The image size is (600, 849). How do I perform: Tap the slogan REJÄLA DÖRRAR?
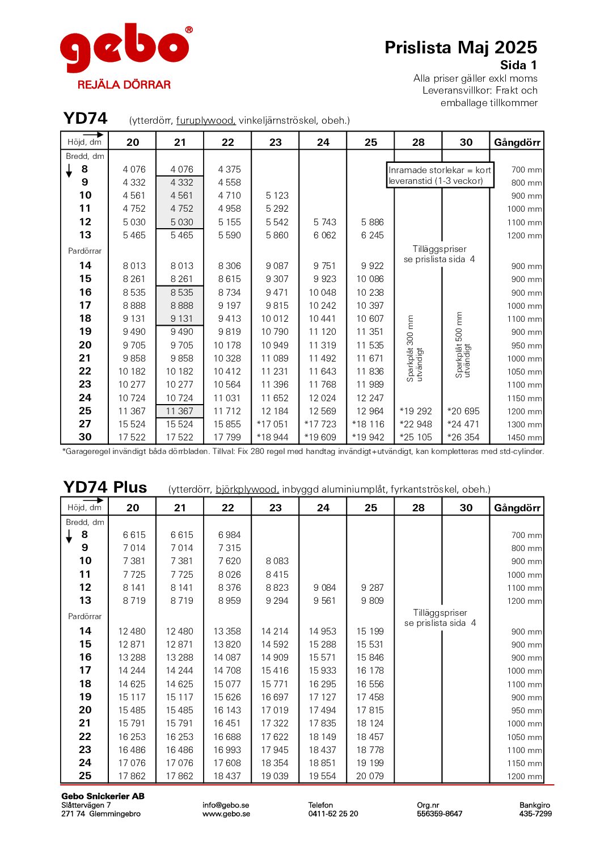click(x=124, y=85)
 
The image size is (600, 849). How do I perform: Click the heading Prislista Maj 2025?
click(x=460, y=47)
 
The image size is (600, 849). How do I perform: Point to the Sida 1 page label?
click(x=518, y=65)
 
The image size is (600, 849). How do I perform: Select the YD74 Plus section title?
click(x=105, y=487)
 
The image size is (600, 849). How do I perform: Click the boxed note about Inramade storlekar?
click(x=440, y=175)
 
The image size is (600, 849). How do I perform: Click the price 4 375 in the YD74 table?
click(x=229, y=169)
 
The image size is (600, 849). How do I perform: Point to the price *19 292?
click(x=416, y=411)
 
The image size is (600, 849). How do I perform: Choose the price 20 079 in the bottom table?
click(x=370, y=776)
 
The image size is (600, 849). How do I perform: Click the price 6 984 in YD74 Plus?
click(x=229, y=535)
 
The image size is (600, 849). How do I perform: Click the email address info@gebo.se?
click(x=226, y=805)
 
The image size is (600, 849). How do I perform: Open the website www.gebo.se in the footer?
click(x=226, y=814)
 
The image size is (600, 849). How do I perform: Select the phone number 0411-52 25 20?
click(x=333, y=814)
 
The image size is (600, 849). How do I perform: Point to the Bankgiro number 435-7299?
click(x=535, y=814)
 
